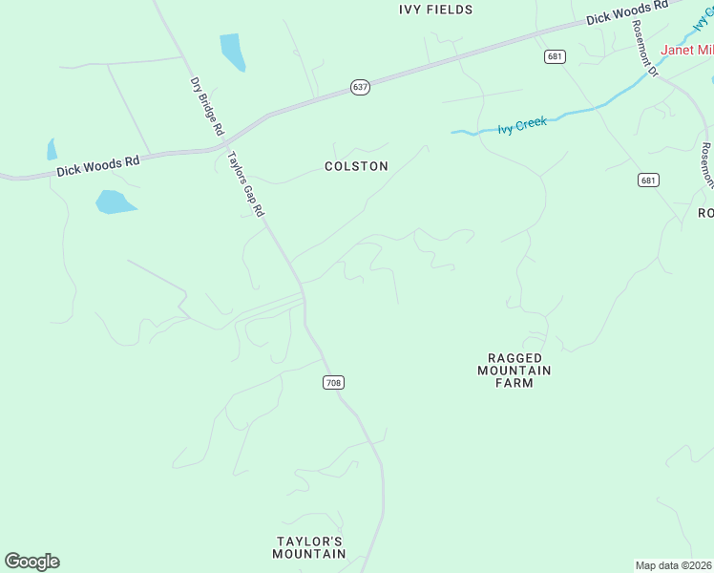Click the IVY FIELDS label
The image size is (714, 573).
(436, 10)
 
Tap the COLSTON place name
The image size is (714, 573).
(356, 166)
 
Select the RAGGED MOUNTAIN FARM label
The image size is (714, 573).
(514, 371)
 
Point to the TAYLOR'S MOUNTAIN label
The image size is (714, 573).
(309, 547)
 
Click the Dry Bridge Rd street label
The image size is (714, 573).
(207, 105)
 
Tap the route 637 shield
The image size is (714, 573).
(360, 87)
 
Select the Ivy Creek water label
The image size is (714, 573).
(522, 125)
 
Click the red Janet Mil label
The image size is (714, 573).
(687, 50)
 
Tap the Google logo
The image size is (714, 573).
(31, 562)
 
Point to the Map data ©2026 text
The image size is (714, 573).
(674, 565)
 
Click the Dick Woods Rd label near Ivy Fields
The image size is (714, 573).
(627, 12)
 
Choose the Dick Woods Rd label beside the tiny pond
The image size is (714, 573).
(97, 166)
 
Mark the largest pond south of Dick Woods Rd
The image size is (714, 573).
(115, 202)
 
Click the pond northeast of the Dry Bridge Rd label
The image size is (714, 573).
(232, 52)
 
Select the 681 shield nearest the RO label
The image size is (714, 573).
(648, 180)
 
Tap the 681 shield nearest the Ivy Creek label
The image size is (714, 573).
(556, 57)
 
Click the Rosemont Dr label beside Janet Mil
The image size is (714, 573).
(645, 48)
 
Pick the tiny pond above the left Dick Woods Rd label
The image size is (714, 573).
(52, 150)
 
